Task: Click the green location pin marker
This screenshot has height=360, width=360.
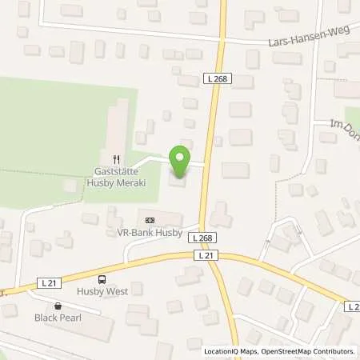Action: [x=180, y=162]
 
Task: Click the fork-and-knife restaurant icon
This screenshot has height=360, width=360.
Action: [x=117, y=158]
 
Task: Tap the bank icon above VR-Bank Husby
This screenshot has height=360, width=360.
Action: [x=148, y=219]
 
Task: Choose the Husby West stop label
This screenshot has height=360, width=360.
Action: [x=102, y=291]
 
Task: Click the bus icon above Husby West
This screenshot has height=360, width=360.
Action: [x=102, y=279]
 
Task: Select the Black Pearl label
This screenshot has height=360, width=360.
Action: [x=58, y=318]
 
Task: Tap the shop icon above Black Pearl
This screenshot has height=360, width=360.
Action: [x=58, y=306]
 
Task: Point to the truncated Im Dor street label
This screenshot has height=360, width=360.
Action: [x=346, y=125]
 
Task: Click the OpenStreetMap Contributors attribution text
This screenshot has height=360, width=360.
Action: [x=314, y=351]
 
